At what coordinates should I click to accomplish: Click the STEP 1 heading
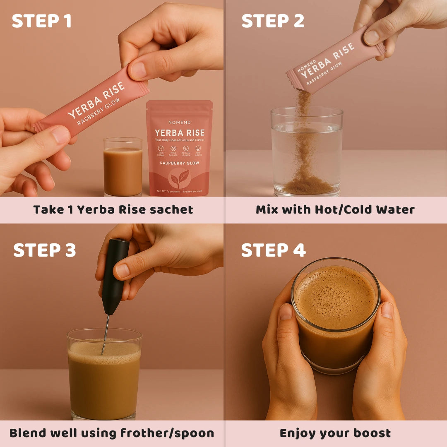[x=41, y=21]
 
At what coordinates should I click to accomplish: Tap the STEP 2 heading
[x=273, y=21]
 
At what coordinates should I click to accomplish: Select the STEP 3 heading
[x=45, y=250]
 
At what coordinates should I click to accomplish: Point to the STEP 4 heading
[x=273, y=250]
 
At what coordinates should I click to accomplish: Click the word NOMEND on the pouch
[x=179, y=123]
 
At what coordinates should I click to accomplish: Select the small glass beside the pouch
[x=123, y=168]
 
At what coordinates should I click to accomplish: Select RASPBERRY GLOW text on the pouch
[x=179, y=163]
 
